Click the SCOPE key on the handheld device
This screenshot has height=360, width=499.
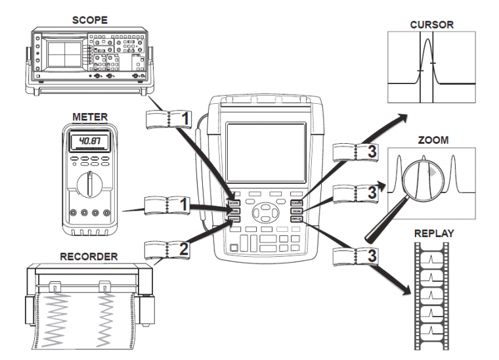[x=235, y=204]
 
